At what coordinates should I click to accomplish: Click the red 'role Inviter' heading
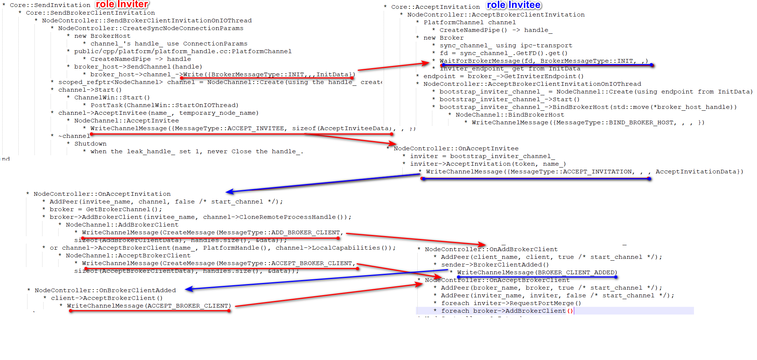[122, 4]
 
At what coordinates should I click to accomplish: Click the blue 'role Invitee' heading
[514, 5]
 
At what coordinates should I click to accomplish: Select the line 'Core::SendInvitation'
[50, 5]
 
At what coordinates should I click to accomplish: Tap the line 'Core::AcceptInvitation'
[435, 7]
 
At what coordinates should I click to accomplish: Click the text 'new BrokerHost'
[102, 36]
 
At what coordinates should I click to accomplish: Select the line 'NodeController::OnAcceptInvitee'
[456, 148]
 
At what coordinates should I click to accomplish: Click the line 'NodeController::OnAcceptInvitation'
[102, 194]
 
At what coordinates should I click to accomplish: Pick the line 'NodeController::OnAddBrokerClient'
[491, 249]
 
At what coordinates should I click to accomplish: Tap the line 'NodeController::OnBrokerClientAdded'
[105, 290]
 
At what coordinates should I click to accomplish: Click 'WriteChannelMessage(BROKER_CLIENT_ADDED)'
[537, 272]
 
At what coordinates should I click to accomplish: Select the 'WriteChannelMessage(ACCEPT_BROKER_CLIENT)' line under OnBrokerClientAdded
[149, 306]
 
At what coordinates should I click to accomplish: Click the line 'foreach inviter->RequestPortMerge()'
[511, 303]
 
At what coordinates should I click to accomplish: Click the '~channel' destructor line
[74, 136]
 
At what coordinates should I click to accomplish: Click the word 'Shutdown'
[91, 144]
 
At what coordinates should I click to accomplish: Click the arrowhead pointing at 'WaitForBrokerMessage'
[426, 63]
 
